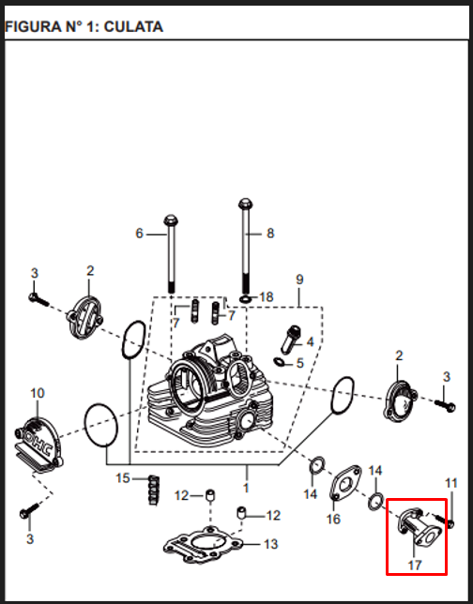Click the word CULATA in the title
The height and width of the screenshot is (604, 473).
(133, 27)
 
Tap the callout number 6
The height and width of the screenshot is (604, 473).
(139, 234)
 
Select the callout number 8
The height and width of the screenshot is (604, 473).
(270, 233)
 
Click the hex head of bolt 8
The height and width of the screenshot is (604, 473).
(245, 203)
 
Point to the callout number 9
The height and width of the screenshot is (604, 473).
(299, 279)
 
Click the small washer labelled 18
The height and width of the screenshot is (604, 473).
(245, 299)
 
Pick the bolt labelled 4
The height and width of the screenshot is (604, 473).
(291, 339)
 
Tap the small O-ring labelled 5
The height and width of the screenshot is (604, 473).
(279, 362)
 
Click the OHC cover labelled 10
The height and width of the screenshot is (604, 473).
(38, 445)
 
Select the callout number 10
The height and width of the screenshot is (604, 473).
(38, 393)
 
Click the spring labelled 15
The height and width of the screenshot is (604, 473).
(154, 490)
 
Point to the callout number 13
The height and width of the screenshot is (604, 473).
(270, 544)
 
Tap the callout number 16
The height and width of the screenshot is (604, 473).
(333, 519)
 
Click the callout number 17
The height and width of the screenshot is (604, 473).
(415, 566)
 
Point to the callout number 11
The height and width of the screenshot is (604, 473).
(451, 483)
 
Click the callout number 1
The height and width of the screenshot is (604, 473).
(246, 488)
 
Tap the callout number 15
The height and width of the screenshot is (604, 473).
(123, 478)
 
